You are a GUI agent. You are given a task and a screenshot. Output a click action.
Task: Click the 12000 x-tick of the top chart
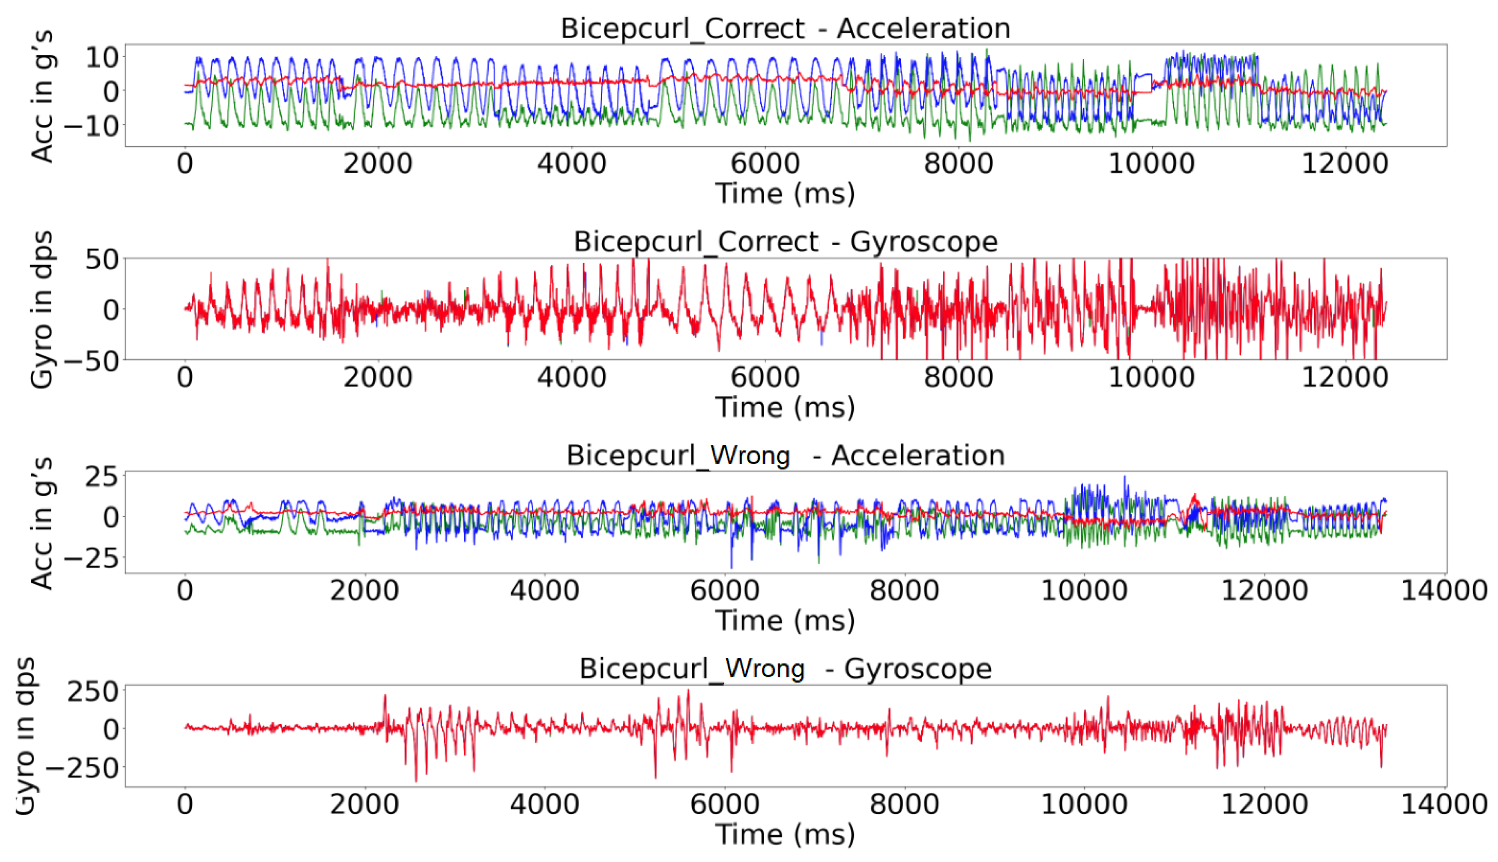(1345, 163)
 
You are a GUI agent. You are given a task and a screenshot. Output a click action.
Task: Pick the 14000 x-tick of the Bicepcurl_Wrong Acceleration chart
(1444, 590)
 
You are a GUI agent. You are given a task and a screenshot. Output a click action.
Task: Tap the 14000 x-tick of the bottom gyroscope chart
(1444, 804)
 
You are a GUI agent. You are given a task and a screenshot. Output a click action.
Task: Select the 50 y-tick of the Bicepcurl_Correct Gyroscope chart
(101, 259)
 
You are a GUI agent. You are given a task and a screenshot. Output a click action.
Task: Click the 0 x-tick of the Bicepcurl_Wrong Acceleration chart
(185, 590)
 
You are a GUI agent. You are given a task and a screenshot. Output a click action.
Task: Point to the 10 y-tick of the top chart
(101, 57)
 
